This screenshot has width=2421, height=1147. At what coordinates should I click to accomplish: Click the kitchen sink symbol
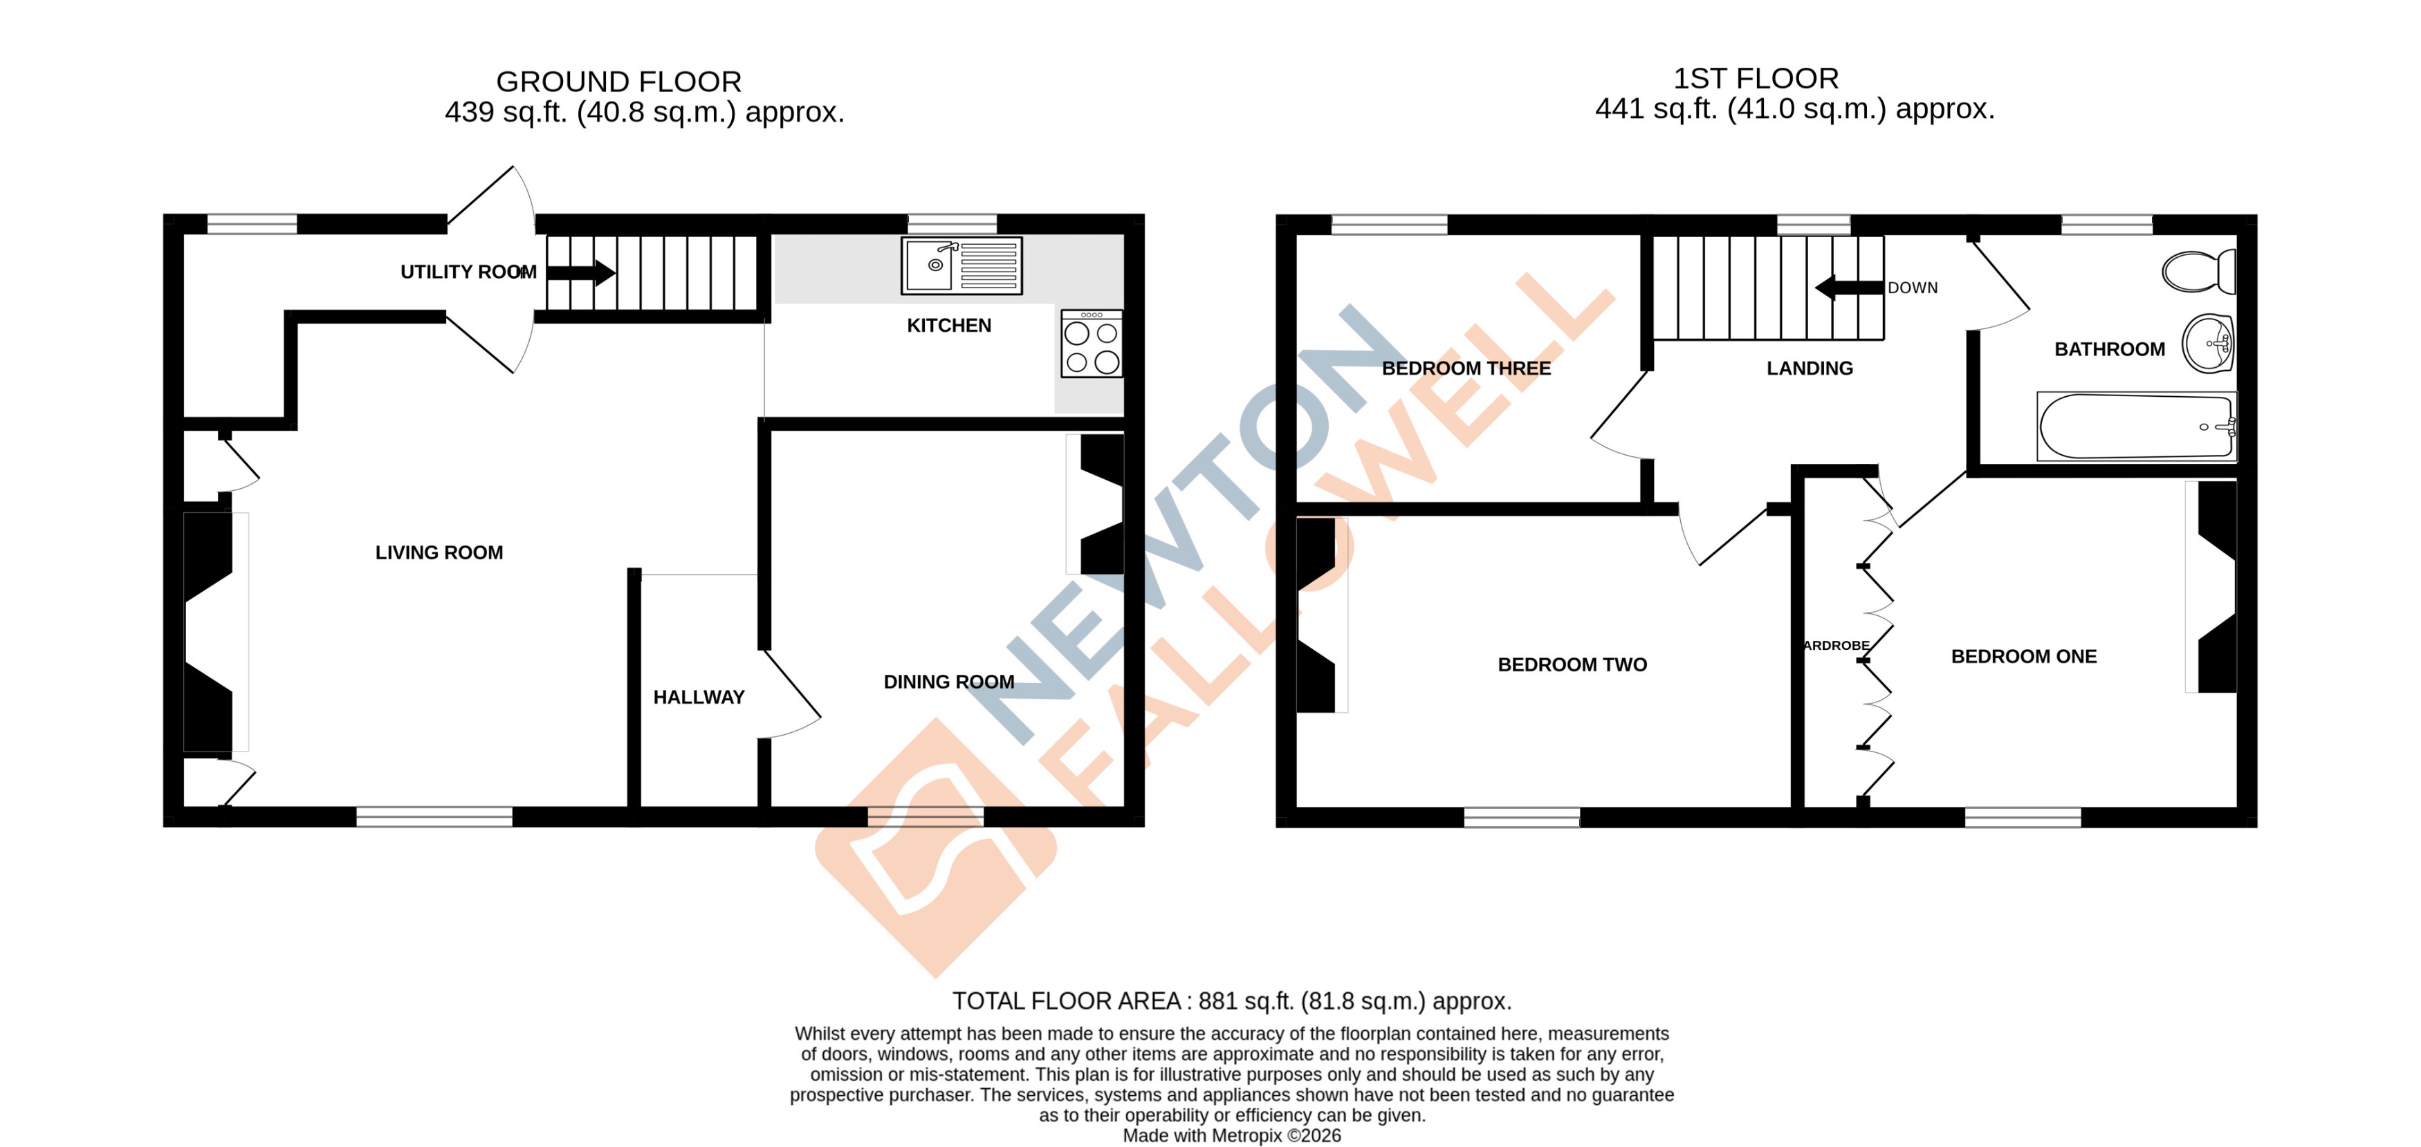961,266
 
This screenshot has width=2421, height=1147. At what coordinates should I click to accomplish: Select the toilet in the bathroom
2198,272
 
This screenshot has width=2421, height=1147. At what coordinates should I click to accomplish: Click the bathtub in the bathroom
2135,427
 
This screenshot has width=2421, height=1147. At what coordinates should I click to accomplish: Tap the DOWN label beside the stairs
1912,288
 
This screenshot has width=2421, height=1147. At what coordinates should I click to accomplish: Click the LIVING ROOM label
439,553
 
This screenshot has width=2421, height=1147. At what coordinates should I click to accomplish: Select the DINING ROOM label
948,682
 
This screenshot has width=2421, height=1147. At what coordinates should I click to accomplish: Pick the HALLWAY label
699,697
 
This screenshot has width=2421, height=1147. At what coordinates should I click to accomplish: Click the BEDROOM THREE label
1465,369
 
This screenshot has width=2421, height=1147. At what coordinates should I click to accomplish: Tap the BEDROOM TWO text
1572,665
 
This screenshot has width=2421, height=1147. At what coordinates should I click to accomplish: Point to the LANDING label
1809,369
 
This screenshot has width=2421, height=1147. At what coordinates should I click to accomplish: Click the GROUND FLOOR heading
618,82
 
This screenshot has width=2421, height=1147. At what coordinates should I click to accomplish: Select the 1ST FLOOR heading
1755,79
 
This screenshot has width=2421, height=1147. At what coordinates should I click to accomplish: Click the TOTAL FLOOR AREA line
1231,1001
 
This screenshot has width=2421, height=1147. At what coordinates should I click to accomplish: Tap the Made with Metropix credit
1231,1136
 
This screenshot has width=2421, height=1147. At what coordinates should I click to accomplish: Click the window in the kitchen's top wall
951,223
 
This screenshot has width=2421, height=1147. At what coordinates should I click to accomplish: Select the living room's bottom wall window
434,817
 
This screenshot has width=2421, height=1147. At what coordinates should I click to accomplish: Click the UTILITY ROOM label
468,272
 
